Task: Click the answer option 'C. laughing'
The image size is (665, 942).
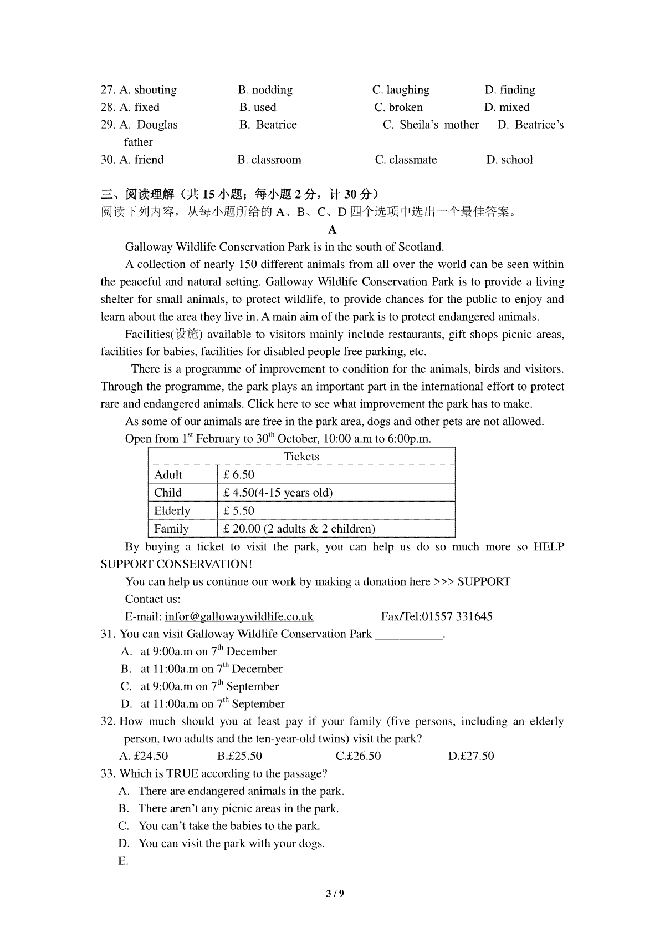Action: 401,90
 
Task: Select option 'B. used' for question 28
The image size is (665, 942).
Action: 258,107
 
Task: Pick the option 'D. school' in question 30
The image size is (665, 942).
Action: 509,160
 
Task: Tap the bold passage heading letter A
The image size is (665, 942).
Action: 332,230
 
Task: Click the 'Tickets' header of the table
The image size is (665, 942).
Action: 301,457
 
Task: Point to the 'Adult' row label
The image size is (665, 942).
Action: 168,475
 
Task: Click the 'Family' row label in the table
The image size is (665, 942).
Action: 171,529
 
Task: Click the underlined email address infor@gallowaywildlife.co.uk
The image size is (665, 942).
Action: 239,616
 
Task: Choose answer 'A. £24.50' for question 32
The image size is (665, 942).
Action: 144,756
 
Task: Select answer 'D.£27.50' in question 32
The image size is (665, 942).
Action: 471,756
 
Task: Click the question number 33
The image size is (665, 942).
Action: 108,774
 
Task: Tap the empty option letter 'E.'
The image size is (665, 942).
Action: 123,861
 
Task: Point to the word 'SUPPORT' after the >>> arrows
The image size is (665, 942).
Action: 484,581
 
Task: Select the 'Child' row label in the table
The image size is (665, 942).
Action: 167,493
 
